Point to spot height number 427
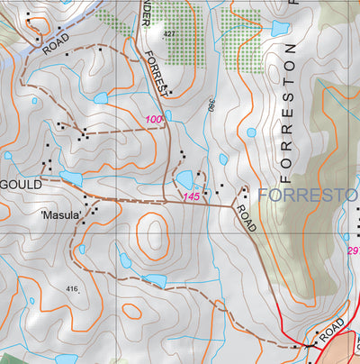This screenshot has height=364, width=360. click(x=169, y=33)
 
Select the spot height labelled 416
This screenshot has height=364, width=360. click(x=72, y=288)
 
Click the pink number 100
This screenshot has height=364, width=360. click(x=153, y=120)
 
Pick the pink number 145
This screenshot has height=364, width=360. click(x=190, y=196)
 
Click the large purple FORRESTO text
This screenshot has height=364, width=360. click(x=308, y=195)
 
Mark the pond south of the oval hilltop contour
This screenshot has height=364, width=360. click(x=155, y=280)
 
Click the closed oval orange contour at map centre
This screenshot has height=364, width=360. click(x=156, y=233)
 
